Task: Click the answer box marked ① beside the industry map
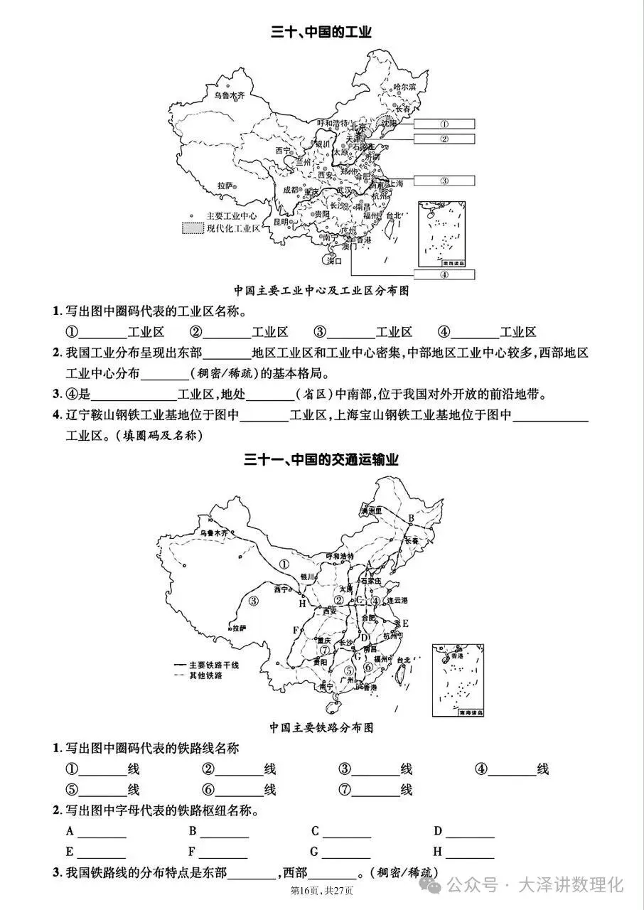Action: tap(444, 123)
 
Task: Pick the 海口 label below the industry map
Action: tap(334, 261)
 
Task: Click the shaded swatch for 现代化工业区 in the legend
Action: tap(192, 228)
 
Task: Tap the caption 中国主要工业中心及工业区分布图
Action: tap(321, 291)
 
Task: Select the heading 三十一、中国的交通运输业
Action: tap(321, 460)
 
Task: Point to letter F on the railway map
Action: tap(296, 630)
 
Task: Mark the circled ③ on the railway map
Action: tap(254, 601)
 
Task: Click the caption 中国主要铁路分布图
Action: tap(321, 727)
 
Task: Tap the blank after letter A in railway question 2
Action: tap(102, 833)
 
